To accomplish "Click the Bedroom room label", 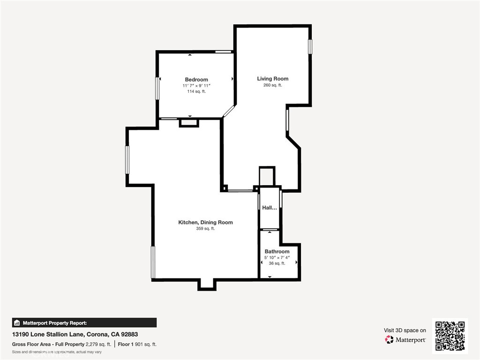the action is click(196, 80).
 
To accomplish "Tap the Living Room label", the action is click(273, 79).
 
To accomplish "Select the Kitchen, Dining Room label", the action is click(205, 223).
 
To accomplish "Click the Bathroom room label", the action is click(277, 251).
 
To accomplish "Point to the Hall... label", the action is click(270, 208).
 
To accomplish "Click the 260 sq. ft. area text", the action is click(273, 85).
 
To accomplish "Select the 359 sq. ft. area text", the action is click(205, 228).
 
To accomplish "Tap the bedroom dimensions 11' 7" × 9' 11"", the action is click(196, 86).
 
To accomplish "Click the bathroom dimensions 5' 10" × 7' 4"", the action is click(277, 257).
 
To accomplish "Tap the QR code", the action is click(450, 336).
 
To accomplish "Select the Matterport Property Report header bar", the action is click(84, 322).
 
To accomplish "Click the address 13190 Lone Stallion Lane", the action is click(47, 334).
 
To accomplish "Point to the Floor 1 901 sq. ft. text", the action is click(137, 344).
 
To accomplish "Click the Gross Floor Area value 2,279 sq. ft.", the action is click(98, 344).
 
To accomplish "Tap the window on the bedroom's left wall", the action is click(157, 88).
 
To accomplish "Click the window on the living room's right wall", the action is click(310, 46).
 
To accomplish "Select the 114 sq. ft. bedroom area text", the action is click(196, 91).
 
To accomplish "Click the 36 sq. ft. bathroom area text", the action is click(277, 263).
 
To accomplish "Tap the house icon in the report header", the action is click(17, 322).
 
